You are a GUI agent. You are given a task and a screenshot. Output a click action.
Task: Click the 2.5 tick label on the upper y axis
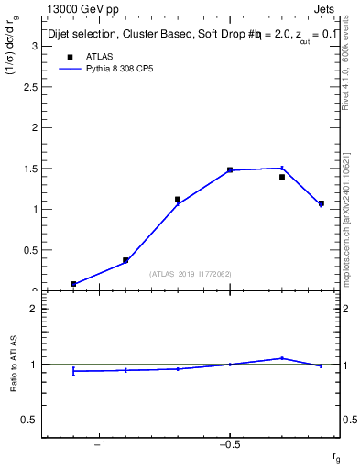(x=29, y=87)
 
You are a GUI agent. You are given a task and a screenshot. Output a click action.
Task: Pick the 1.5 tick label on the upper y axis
(x=29, y=169)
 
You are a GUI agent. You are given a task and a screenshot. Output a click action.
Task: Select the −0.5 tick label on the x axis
(x=229, y=444)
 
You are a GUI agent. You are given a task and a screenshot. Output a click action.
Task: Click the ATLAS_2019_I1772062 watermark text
(x=191, y=274)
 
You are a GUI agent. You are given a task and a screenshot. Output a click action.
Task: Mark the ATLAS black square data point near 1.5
(x=230, y=169)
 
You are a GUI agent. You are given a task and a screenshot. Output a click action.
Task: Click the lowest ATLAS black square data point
(x=73, y=284)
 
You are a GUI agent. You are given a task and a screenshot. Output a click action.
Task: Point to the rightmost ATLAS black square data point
(x=321, y=203)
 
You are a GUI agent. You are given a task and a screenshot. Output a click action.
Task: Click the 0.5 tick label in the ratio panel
(x=29, y=420)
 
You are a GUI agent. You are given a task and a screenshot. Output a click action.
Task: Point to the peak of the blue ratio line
(x=282, y=358)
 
